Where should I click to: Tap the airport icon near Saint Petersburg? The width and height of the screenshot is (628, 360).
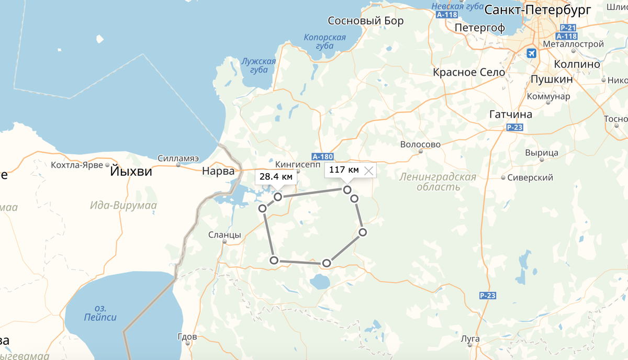[531, 53]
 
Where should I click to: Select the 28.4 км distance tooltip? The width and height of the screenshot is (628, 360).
[276, 176]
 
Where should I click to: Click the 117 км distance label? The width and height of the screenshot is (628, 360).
[344, 170]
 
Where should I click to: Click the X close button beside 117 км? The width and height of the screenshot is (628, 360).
[369, 170]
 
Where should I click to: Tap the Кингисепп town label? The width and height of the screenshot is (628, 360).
[297, 162]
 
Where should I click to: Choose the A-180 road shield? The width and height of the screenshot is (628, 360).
[322, 156]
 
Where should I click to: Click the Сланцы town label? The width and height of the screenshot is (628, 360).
[225, 235]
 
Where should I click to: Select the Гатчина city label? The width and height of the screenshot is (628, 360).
[510, 114]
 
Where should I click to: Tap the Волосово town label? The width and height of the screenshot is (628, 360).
[420, 144]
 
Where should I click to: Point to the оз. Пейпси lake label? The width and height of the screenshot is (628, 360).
[100, 312]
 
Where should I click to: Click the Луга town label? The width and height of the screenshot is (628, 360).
[469, 339]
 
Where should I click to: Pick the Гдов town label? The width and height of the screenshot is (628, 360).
[187, 336]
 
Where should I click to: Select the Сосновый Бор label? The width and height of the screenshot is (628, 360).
[366, 21]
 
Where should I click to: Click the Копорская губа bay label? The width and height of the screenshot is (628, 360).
[324, 42]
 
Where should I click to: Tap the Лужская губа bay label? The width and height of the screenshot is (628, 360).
[259, 65]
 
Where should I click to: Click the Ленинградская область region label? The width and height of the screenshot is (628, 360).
[438, 182]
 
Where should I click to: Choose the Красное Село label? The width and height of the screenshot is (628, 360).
[469, 72]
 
